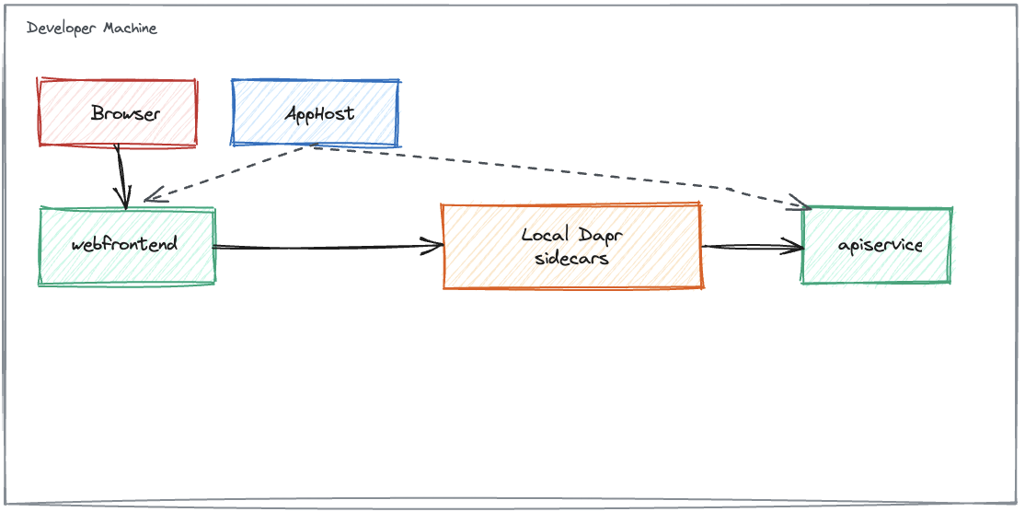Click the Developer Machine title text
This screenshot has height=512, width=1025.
coord(92,29)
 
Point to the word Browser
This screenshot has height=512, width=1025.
coord(125,114)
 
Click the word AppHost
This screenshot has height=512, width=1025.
coord(318,114)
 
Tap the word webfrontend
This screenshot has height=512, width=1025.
coord(124,245)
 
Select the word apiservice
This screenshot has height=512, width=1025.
coord(880,245)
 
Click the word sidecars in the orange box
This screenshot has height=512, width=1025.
coord(571,258)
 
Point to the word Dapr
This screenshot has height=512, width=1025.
coord(601,234)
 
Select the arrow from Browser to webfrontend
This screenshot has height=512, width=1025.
coord(120,175)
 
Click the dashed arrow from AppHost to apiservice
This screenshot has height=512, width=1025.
coord(552,169)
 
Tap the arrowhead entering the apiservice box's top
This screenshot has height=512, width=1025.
coord(799,204)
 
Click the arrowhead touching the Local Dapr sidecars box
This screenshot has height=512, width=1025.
coord(434,246)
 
